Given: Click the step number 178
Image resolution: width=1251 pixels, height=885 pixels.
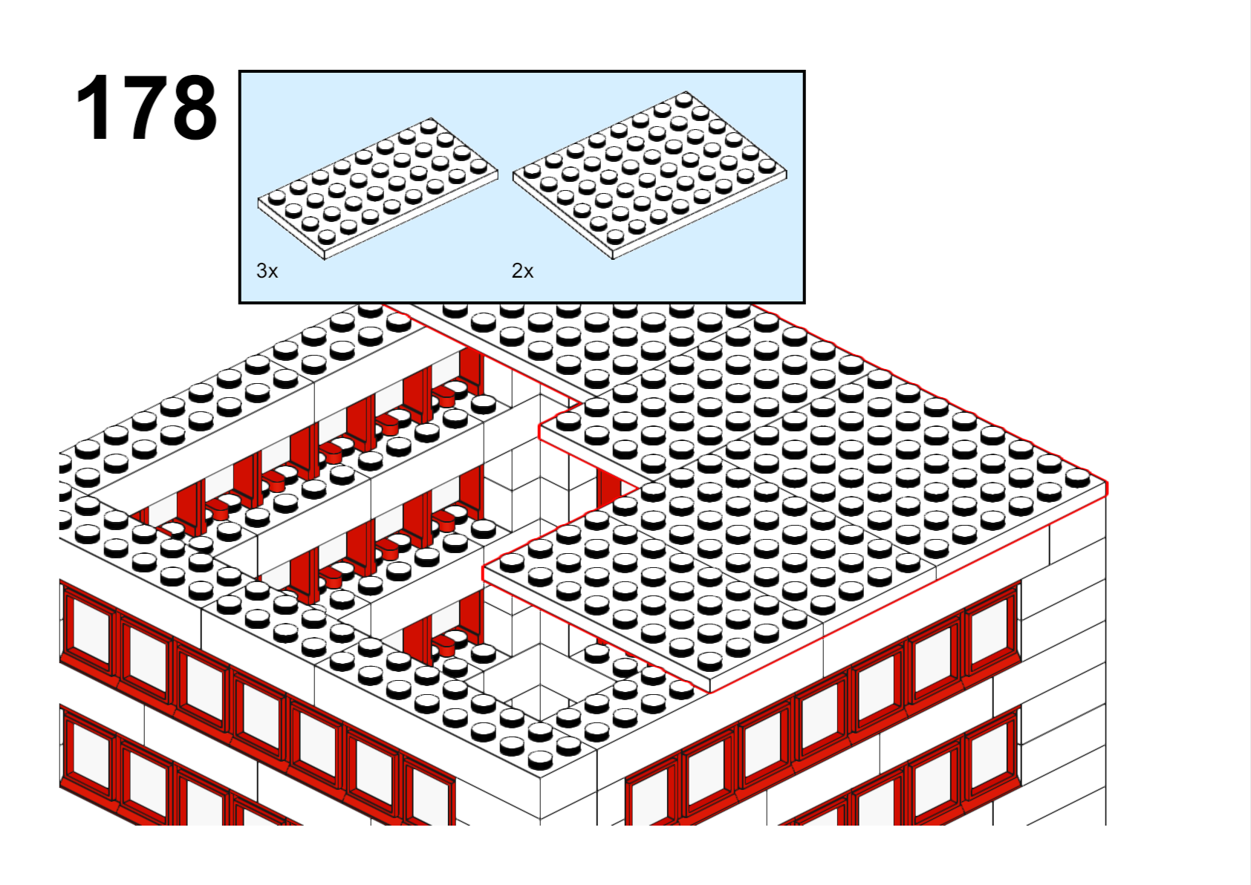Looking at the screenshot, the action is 146,107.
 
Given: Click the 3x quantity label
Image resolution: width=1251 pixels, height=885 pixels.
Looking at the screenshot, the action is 267,271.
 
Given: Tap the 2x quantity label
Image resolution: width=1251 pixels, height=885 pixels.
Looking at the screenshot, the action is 522,271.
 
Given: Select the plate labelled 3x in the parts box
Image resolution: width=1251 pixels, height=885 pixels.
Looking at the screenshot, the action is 377,189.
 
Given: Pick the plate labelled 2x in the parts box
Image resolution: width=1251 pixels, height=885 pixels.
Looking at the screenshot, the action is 649,175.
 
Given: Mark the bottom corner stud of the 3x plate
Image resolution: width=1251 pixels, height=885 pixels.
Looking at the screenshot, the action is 327,237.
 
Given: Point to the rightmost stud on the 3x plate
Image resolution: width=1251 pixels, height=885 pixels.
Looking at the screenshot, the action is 478,166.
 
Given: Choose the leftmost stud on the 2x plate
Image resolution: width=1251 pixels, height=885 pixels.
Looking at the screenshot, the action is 532,171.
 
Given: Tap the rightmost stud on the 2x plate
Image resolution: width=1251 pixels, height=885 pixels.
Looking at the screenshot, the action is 767,165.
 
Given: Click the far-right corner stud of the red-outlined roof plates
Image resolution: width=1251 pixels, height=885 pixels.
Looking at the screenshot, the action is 1077,477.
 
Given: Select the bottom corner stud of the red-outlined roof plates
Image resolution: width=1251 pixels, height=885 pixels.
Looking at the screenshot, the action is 710,661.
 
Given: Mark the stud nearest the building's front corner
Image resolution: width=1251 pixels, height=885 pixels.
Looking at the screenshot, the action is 540,760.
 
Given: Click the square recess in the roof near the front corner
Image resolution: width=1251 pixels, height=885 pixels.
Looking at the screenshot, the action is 540,682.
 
